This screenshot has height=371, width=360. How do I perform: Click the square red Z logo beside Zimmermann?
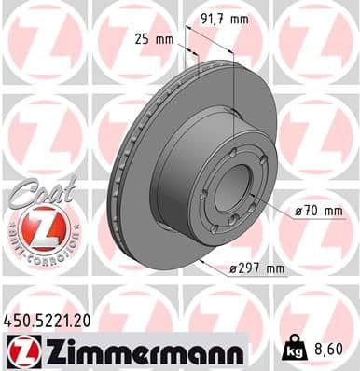[x=20, y=351]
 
